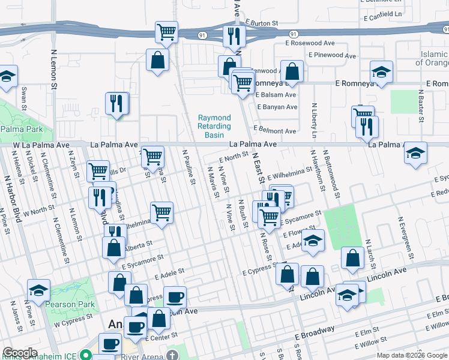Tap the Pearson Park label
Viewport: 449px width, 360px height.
click(x=73, y=304)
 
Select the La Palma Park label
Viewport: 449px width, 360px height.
click(x=22, y=129)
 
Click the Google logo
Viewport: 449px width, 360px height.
click(x=20, y=353)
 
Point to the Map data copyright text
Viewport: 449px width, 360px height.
click(x=411, y=355)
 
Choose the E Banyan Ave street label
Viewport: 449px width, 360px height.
click(x=277, y=107)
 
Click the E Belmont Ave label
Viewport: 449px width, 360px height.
click(x=274, y=131)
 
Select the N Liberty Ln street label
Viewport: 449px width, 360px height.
click(x=313, y=120)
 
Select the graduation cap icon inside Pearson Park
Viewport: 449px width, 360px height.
click(x=38, y=290)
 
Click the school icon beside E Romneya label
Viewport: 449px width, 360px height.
click(x=381, y=72)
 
